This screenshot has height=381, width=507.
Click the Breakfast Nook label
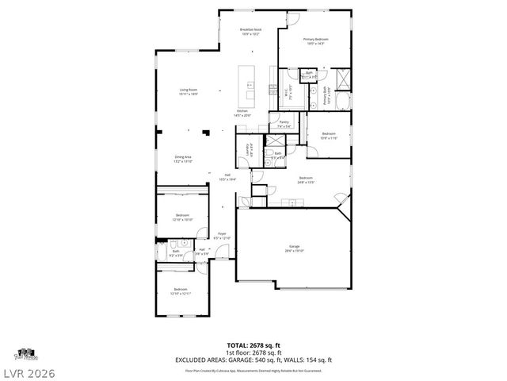tap(250, 31)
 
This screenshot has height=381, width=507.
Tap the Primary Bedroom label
tap(314, 40)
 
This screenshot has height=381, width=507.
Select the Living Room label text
tap(188, 92)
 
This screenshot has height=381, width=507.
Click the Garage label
tap(294, 248)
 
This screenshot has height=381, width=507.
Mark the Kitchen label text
tap(242, 113)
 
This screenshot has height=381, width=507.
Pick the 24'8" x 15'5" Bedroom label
tap(306, 179)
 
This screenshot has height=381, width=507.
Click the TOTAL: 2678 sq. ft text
tap(253, 344)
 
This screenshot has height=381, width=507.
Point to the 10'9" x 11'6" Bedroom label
tap(329, 136)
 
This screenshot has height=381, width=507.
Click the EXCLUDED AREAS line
tap(253, 360)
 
